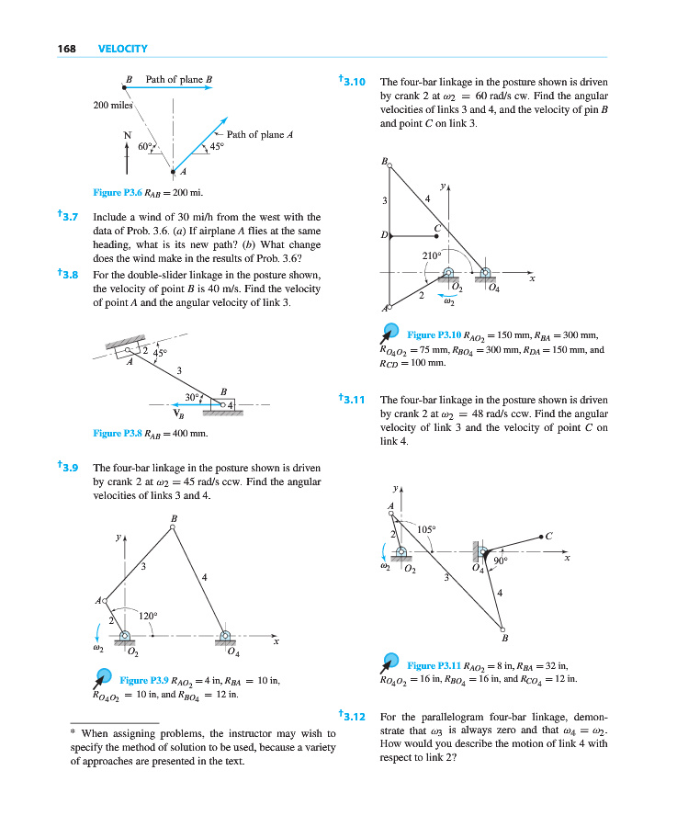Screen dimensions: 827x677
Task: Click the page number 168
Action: coord(62,48)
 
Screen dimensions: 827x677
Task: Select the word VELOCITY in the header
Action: coord(122,48)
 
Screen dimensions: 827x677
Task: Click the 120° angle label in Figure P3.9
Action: coord(149,616)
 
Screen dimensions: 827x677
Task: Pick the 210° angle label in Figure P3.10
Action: coord(432,255)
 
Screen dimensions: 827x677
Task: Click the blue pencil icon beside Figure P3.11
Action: coord(392,662)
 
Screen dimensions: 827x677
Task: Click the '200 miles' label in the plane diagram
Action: coord(114,105)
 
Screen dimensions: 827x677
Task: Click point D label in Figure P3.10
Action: coord(383,236)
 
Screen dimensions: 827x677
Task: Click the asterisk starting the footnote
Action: coord(73,732)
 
